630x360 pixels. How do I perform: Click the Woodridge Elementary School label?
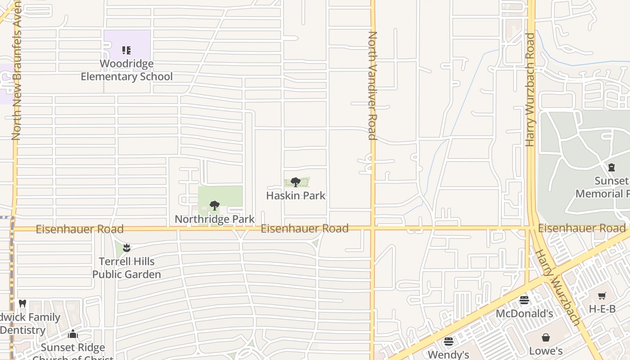pos(126,70)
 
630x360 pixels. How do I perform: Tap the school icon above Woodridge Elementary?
pos(126,50)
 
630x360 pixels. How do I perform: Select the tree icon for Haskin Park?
pos(296,182)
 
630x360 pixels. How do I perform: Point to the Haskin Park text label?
pos(296,196)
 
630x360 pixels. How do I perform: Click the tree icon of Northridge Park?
pos(215,206)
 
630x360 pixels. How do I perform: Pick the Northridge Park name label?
pos(215,219)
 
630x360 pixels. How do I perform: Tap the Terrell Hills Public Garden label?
pos(126,268)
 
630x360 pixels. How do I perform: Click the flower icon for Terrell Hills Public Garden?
pos(126,247)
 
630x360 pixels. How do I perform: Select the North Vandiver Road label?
pos(373,85)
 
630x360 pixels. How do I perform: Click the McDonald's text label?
pos(524,313)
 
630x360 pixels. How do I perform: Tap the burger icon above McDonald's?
pos(524,300)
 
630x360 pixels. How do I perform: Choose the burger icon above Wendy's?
pos(448,342)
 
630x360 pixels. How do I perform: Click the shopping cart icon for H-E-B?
pos(602,296)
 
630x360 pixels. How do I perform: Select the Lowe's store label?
pos(546,351)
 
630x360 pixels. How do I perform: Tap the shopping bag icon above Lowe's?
pos(546,337)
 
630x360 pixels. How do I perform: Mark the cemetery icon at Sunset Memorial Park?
pos(611,168)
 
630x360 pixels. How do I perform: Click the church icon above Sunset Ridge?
pos(73,334)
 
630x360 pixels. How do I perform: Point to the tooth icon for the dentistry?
pos(22,304)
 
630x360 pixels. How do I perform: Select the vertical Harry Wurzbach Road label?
pos(530,90)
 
